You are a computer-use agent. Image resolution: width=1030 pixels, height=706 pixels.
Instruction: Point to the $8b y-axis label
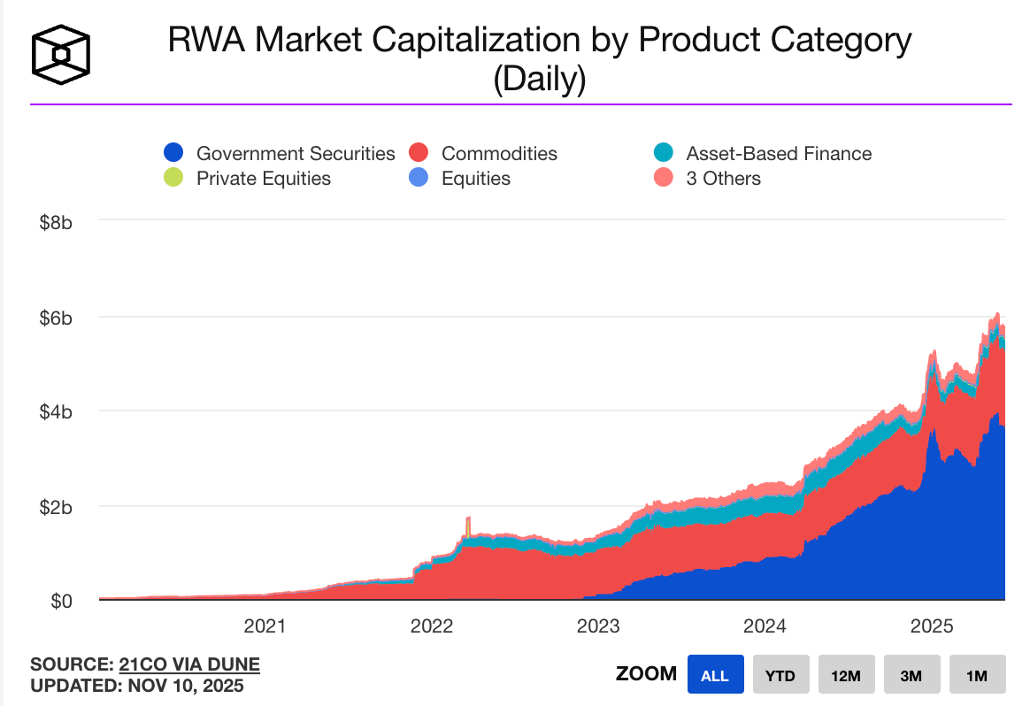coord(56,221)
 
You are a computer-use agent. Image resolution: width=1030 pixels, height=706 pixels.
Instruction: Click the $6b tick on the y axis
coord(56,317)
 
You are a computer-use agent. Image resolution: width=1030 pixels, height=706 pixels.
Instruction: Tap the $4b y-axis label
coord(56,411)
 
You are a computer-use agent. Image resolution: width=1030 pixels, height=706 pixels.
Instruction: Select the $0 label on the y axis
coord(59,602)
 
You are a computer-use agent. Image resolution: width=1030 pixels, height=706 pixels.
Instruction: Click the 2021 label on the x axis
coord(265,626)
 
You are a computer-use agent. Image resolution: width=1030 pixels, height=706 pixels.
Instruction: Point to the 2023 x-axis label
coord(598,626)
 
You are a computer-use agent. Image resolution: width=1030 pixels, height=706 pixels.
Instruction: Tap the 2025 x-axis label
coord(931,626)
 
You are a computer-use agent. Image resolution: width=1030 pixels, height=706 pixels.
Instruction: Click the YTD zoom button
coord(780,675)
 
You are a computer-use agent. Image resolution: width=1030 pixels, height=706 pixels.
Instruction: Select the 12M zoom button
coord(845,675)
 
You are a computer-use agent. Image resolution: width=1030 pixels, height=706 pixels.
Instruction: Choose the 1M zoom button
coord(976,675)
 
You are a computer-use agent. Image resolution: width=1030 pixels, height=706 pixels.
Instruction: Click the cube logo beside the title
coord(61,54)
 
